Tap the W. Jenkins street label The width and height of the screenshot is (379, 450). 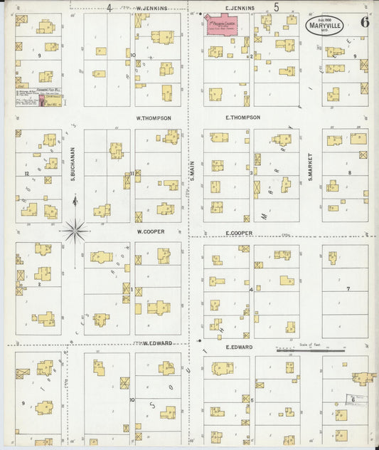(x=151, y=8)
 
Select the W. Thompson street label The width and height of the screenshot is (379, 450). (x=154, y=117)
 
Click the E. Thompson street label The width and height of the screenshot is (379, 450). (x=242, y=117)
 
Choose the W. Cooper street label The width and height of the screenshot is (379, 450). (x=151, y=231)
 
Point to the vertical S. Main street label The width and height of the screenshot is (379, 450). (x=192, y=169)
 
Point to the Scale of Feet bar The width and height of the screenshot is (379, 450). (x=310, y=350)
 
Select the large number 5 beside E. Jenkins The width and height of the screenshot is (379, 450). (x=276, y=7)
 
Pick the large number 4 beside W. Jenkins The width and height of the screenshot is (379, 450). (x=110, y=8)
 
